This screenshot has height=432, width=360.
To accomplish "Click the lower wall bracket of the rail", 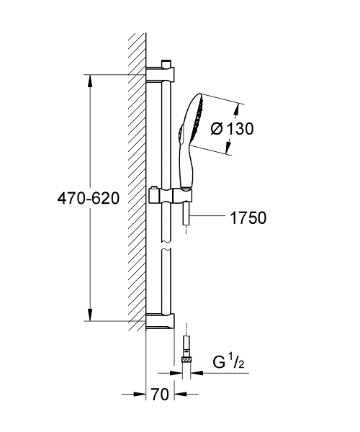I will (161, 322).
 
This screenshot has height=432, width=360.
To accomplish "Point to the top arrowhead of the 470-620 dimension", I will (91, 81).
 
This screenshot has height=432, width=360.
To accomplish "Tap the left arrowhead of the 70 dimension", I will (141, 395).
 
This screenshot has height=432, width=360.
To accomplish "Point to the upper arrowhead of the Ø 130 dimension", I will (236, 108).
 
